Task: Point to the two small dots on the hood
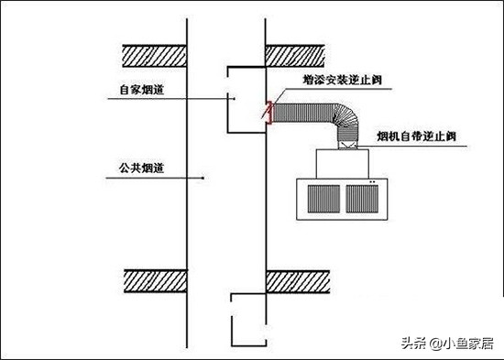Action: point(373,183)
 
